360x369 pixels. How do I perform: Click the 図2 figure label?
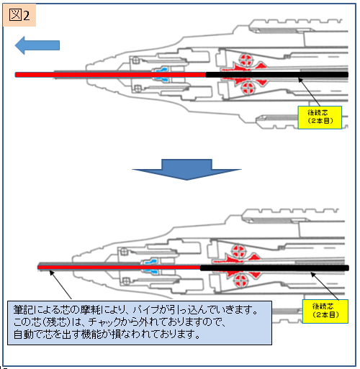tap(19, 15)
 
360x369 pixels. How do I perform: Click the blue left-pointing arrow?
tap(37, 45)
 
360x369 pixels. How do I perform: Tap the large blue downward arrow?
tap(186, 169)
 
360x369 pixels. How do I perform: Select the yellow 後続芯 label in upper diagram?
tap(320, 117)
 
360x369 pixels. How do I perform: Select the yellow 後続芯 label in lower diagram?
tap(325, 311)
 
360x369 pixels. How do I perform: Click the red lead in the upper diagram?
tap(110, 75)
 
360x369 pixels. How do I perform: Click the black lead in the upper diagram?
tap(277, 75)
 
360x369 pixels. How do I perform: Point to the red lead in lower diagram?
tap(120, 268)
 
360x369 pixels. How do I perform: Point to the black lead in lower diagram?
tap(274, 268)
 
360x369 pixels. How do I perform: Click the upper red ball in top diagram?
tap(246, 59)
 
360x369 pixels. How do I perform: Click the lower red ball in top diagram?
tap(248, 88)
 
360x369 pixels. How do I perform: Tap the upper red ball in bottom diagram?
tap(238, 250)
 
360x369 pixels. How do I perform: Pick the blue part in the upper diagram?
tap(161, 74)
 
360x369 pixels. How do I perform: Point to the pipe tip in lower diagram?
tap(38, 267)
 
